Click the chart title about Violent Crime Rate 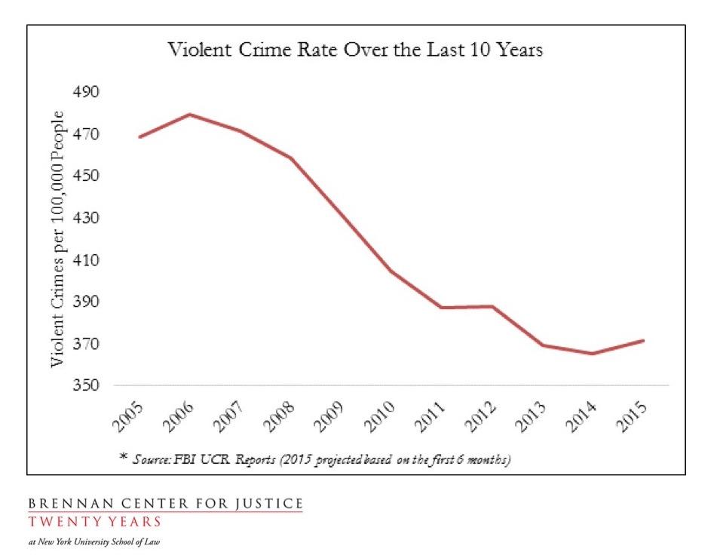click(x=355, y=51)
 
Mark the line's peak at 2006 click(x=190, y=115)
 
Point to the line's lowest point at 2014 click(x=593, y=354)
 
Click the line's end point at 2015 click(x=643, y=340)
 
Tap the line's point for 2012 click(x=492, y=306)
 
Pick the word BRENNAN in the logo click(x=60, y=503)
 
